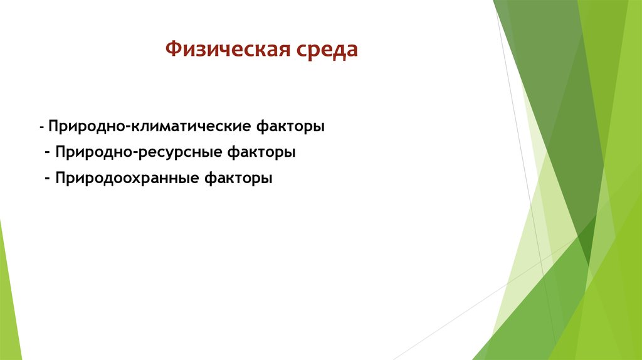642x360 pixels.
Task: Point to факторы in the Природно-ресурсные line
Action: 261,152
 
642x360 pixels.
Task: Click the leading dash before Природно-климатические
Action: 41,127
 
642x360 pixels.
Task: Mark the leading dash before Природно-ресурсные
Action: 48,153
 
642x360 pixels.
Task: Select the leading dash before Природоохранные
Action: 48,179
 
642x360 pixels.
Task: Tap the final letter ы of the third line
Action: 268,179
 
